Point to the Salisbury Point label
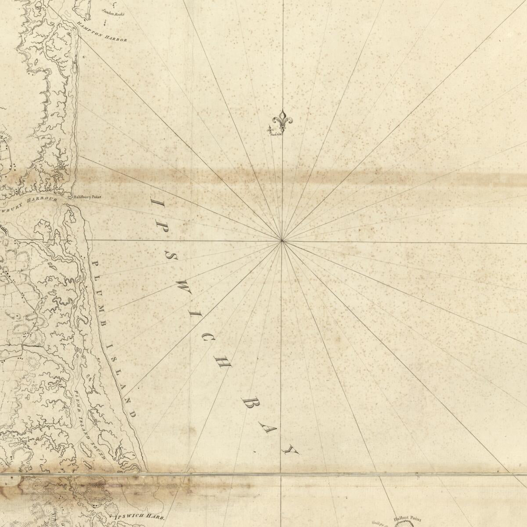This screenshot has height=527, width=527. pos(87,198)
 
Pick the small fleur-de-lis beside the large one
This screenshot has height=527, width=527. pos(271,129)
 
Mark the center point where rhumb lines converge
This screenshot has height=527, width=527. pos(282,241)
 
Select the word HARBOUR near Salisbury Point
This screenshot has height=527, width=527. pos(42,200)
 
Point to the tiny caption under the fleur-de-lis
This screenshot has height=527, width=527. pos(277,135)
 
